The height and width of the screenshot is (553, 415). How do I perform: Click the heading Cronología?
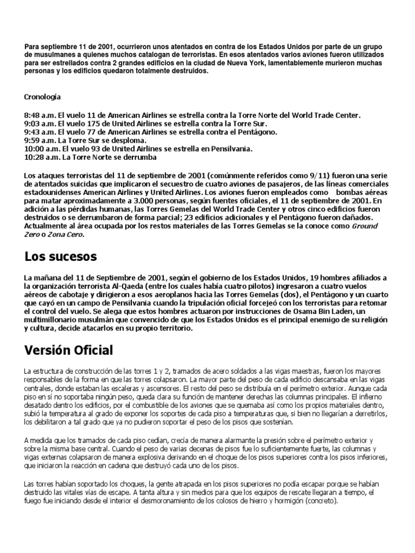pos(43,97)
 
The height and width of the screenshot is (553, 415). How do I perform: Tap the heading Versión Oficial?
pos(69,350)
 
